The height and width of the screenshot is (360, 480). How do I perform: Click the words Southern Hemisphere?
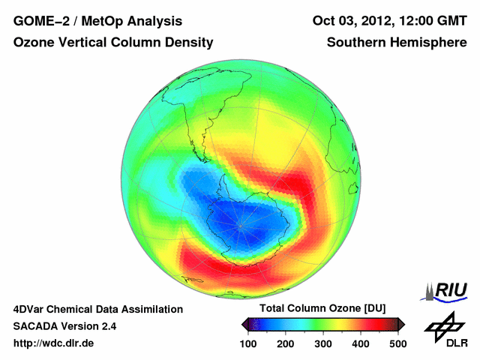[x=397, y=43]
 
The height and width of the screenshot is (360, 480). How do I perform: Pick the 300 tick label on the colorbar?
[x=323, y=343]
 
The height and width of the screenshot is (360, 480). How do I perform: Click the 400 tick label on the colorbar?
[x=360, y=343]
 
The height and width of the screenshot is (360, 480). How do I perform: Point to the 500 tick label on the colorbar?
[x=397, y=343]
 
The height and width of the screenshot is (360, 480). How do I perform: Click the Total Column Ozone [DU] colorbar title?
[x=322, y=309]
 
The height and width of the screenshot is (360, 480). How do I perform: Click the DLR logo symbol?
[x=445, y=325]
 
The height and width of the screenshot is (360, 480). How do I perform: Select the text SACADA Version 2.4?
[x=64, y=326]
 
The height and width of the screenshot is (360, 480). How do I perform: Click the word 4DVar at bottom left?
[x=31, y=309]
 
